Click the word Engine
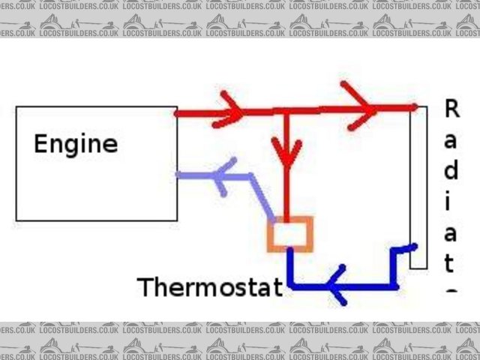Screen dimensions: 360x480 76,143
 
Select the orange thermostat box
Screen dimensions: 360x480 289,233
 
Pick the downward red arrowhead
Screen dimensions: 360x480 286,154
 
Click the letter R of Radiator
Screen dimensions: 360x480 451,109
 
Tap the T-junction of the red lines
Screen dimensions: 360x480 286,112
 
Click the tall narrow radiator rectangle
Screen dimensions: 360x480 418,187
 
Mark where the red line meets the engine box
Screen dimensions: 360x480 177,113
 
